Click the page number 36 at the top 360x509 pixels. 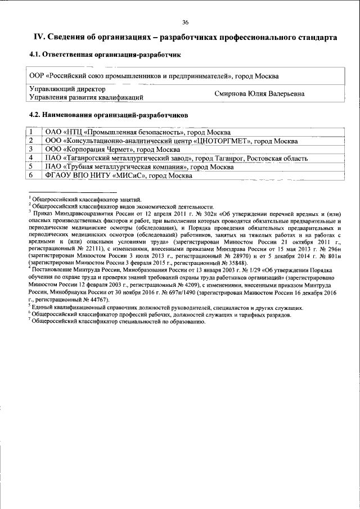185,22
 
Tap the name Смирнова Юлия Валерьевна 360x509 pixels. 259,94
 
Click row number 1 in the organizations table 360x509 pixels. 31,132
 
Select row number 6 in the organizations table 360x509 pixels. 31,176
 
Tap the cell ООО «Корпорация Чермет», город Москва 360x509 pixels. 112,150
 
